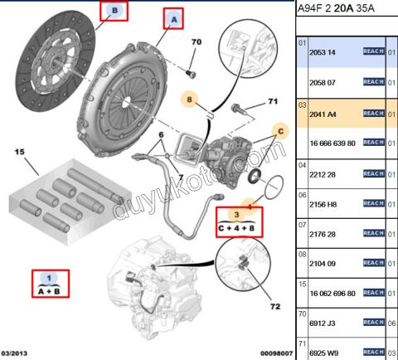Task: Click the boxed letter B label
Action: pyautogui.click(x=115, y=11)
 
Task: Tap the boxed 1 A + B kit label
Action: pyautogui.click(x=51, y=284)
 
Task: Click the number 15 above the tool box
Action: pyautogui.click(x=19, y=152)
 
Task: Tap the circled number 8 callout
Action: pyautogui.click(x=190, y=100)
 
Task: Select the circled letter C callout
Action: pyautogui.click(x=279, y=130)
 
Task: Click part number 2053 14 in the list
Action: pyautogui.click(x=321, y=51)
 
